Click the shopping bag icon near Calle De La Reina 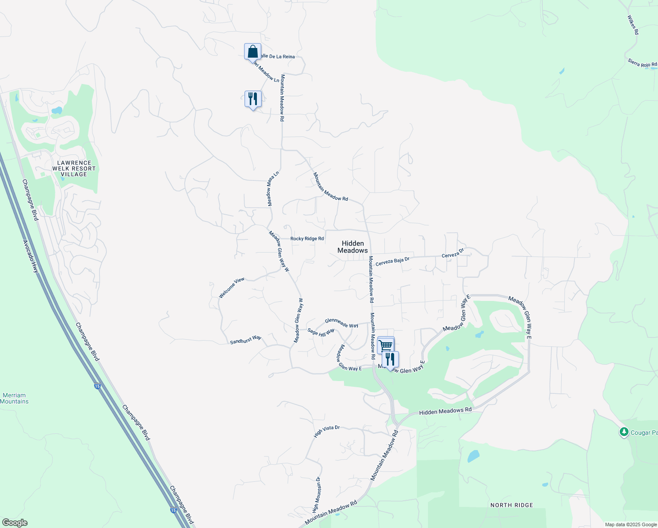tap(253, 51)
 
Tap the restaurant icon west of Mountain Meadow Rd tap(253, 99)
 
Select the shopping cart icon tap(385, 345)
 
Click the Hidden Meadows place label tap(353, 247)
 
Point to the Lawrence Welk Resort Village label tap(74, 169)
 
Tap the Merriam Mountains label tap(14, 398)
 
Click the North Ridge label tap(512, 505)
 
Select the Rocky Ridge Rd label tap(307, 238)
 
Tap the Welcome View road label tap(231, 288)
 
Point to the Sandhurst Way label tap(245, 340)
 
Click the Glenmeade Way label tap(341, 323)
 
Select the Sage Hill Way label tap(321, 333)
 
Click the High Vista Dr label tap(327, 431)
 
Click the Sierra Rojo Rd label tap(642, 63)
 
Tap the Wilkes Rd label tap(632, 25)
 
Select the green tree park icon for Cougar tap(624, 432)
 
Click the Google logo tap(15, 523)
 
